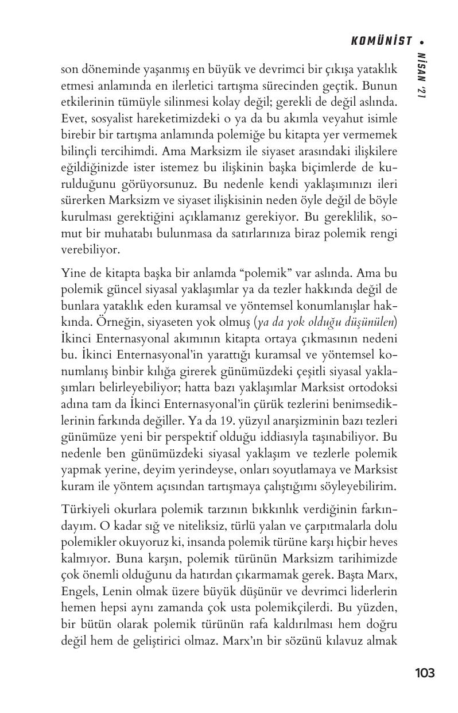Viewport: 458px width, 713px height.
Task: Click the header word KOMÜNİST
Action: coord(381,41)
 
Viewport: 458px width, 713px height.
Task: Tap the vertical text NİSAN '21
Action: coord(421,75)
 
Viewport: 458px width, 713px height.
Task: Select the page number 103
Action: coord(424,673)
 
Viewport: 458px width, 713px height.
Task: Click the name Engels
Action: coord(77,591)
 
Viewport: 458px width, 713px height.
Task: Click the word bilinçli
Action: coord(80,152)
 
